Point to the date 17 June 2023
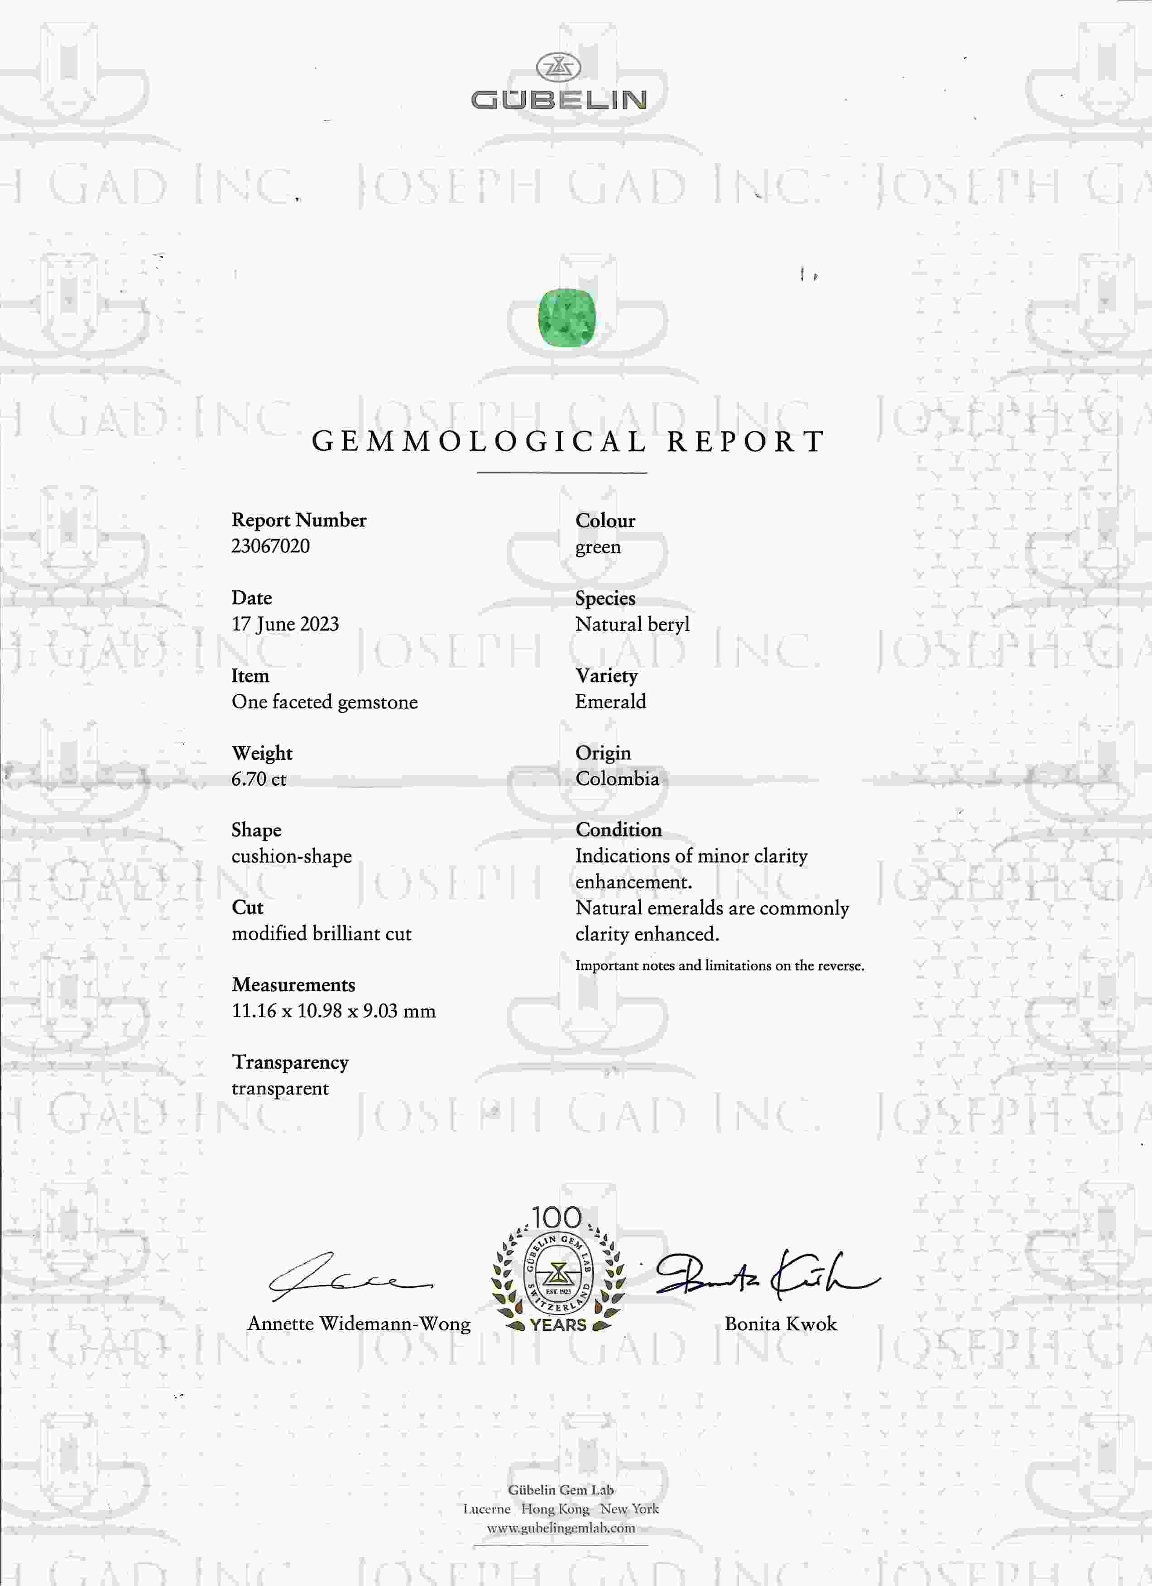[285, 624]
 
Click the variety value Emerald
[610, 702]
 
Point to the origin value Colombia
[617, 779]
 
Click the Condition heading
[618, 830]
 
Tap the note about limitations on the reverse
[719, 966]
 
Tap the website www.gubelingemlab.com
[561, 1528]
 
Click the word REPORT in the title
[746, 442]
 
